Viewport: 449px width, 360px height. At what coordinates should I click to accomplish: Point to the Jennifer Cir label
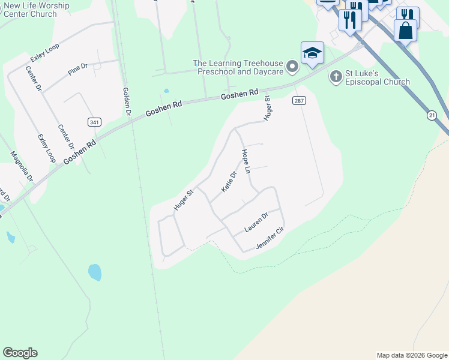[x=270, y=238]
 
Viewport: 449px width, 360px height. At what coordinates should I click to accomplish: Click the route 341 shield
[x=94, y=122]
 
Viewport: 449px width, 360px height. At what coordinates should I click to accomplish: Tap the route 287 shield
[x=299, y=100]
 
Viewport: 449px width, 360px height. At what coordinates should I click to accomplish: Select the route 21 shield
[x=432, y=115]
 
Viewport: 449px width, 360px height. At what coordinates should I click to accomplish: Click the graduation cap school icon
[x=312, y=53]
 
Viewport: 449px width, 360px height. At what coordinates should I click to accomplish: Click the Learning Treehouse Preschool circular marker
[x=292, y=67]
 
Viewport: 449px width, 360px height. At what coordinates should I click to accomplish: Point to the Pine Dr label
[x=78, y=70]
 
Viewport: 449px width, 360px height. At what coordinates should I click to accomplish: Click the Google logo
[x=20, y=353]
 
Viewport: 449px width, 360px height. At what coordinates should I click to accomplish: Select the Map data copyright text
[x=412, y=355]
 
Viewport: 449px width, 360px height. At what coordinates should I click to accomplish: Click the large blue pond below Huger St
[x=95, y=272]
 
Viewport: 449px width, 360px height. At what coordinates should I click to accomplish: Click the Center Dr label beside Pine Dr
[x=34, y=78]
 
